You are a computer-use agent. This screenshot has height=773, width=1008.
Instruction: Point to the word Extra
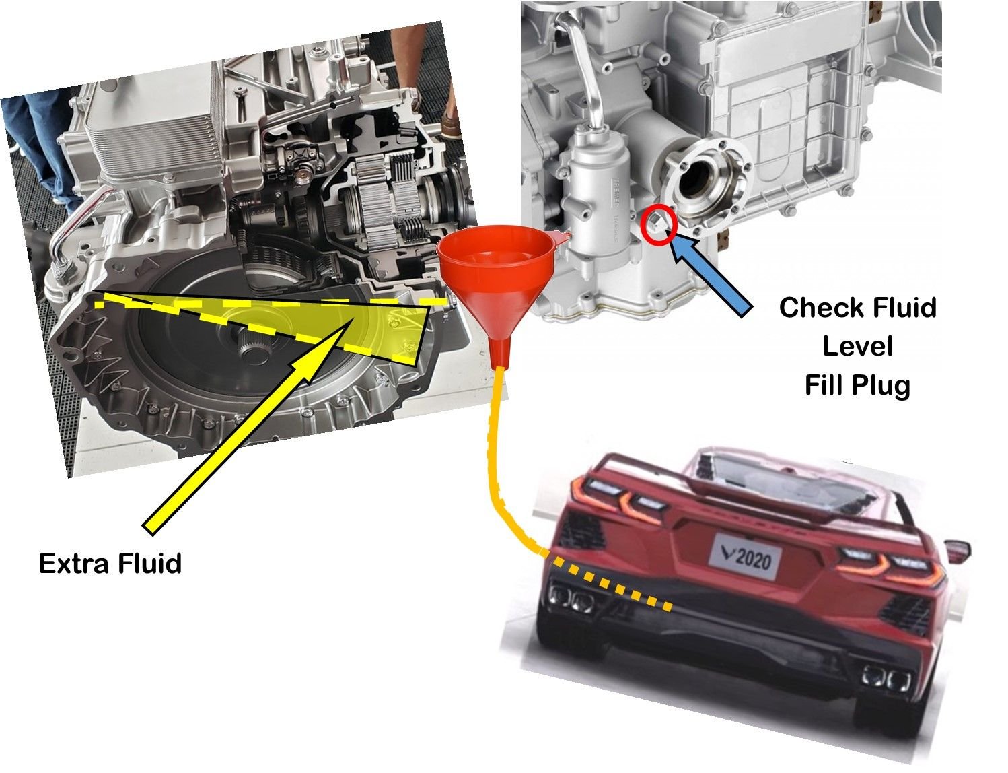coord(71,563)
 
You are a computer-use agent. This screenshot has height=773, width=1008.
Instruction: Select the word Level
coord(857,346)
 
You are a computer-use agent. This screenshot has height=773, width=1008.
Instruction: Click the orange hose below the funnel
coord(493,458)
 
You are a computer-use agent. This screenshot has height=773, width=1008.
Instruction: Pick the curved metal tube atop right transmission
coord(585,74)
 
